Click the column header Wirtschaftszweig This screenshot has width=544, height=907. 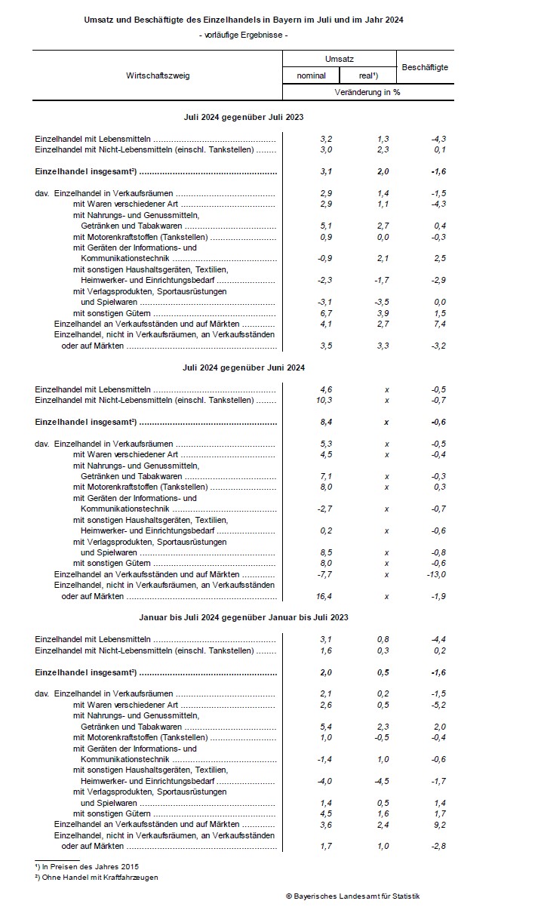(158, 75)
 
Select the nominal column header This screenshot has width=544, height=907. (311, 75)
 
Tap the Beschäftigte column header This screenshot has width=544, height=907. (425, 67)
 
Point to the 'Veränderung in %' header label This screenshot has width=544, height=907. (368, 92)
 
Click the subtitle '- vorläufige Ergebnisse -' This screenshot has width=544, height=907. (243, 35)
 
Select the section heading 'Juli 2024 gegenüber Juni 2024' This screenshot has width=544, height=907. (243, 367)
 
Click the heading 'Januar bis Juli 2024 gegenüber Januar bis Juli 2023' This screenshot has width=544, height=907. (243, 617)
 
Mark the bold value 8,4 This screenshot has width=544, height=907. (325, 422)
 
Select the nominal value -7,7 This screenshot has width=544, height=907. (324, 574)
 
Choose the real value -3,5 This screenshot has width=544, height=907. (383, 302)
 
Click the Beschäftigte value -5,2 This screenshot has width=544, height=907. (437, 705)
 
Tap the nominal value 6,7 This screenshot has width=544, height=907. (325, 312)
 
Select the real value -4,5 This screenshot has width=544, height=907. (383, 781)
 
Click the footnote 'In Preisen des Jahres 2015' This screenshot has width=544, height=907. (90, 866)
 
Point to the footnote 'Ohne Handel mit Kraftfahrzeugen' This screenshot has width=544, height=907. (99, 878)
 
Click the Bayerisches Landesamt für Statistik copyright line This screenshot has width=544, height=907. (353, 895)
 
